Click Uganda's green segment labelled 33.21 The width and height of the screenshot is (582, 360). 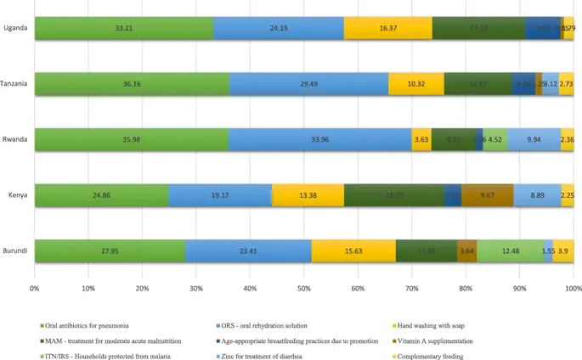tap(123, 28)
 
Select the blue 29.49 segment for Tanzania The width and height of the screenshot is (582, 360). tap(308, 84)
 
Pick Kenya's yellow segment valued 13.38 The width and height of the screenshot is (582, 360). tap(308, 195)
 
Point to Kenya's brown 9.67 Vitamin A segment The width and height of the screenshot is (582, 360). tap(488, 195)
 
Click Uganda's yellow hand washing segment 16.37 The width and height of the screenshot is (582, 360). tap(388, 28)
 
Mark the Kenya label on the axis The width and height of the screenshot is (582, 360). tap(19, 195)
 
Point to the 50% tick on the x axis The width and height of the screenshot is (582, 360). tap(304, 289)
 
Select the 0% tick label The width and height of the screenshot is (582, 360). tap(35, 289)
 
